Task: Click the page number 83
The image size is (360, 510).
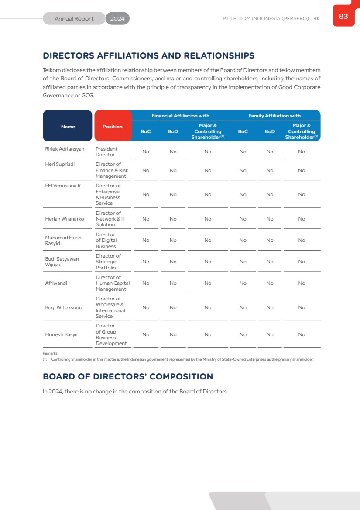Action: [x=343, y=17]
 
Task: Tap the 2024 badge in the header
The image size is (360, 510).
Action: [x=117, y=19]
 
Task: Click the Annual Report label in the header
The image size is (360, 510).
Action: [x=74, y=19]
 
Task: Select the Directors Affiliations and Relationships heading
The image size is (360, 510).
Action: [x=148, y=56]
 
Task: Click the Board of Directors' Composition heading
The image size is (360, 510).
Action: [x=128, y=376]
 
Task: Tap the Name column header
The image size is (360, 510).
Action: [x=68, y=127]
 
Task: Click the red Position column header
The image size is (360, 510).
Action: [x=113, y=127]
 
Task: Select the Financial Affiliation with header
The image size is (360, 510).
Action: [x=180, y=116]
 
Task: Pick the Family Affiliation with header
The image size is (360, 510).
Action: [x=274, y=116]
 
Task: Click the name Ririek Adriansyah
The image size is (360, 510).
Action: [x=65, y=149]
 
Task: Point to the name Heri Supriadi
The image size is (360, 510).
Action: [x=60, y=165]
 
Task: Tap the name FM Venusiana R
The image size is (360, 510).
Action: [x=63, y=186]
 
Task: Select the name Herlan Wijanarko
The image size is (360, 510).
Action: [x=65, y=219]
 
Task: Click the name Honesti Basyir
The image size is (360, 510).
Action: [x=62, y=334]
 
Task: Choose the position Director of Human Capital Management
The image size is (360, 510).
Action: [x=112, y=283]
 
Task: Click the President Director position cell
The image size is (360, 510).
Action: [x=106, y=152]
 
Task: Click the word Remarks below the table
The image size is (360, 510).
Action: [x=50, y=353]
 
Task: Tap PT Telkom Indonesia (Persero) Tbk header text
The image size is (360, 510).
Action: [x=271, y=19]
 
